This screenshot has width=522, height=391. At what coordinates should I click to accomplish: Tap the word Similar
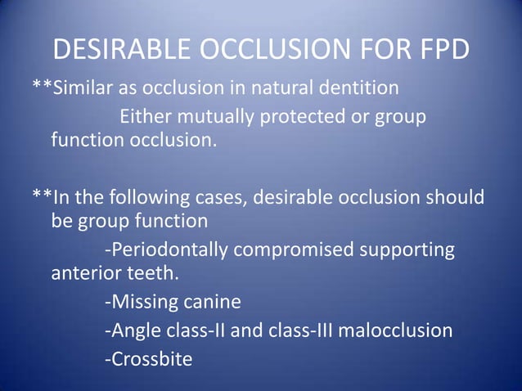point(85,88)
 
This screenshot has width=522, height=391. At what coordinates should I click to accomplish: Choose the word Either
point(146,117)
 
